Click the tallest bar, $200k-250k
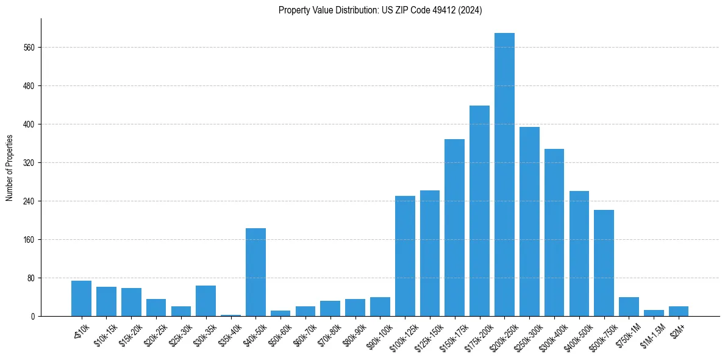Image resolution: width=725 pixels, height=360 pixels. click(x=504, y=175)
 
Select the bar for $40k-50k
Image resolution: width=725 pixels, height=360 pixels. click(x=255, y=272)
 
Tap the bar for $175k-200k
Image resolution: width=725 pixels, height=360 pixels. click(x=479, y=211)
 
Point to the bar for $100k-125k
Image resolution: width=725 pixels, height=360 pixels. click(x=405, y=256)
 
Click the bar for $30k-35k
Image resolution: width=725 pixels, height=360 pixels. click(x=205, y=301)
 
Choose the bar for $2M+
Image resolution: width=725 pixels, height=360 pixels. click(x=678, y=311)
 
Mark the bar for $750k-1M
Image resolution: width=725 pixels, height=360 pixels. click(x=629, y=306)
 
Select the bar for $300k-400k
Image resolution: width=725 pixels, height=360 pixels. click(x=554, y=232)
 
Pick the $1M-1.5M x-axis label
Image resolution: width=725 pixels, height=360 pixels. click(x=652, y=333)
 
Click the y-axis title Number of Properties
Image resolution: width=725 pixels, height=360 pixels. click(x=10, y=168)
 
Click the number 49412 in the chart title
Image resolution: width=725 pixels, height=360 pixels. click(x=432, y=10)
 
